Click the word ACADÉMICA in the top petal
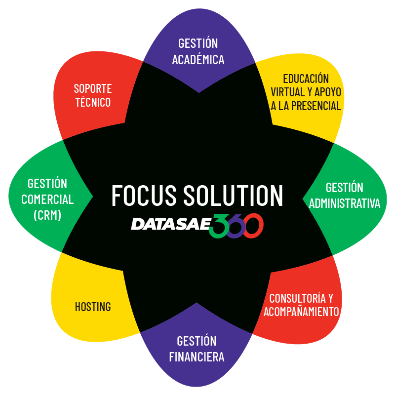(x=198, y=60)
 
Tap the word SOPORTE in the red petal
(x=93, y=89)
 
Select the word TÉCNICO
(x=93, y=103)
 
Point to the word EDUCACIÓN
(x=306, y=79)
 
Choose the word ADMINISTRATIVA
(x=345, y=203)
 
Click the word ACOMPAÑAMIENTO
(x=301, y=312)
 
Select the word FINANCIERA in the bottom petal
(x=197, y=356)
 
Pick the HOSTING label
(x=93, y=307)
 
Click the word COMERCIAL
(x=47, y=199)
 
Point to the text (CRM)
(x=47, y=215)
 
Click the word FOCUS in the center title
(x=144, y=195)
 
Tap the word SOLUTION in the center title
(x=234, y=195)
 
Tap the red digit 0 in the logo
(x=254, y=226)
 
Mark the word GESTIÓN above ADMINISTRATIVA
(x=345, y=188)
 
